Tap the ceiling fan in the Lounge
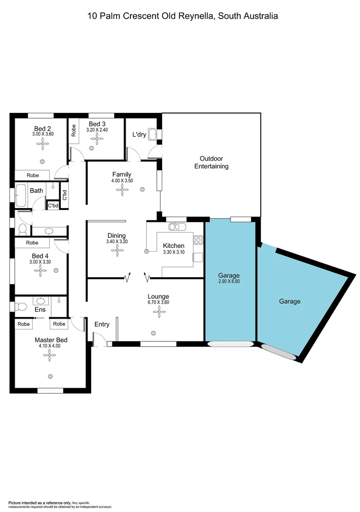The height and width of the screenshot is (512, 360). click(158, 311)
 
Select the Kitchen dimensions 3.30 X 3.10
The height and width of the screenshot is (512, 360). click(174, 252)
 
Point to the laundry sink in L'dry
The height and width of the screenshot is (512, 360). click(152, 134)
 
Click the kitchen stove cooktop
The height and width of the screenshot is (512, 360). click(198, 240)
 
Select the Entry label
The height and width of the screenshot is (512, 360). click(102, 324)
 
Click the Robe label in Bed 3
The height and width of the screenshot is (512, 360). click(74, 130)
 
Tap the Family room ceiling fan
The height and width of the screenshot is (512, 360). click(122, 190)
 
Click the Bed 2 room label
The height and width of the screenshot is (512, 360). click(42, 128)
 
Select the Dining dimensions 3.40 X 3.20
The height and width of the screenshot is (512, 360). click(117, 242)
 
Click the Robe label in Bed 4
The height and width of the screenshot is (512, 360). click(32, 243)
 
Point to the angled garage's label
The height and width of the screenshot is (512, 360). click(289, 301)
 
